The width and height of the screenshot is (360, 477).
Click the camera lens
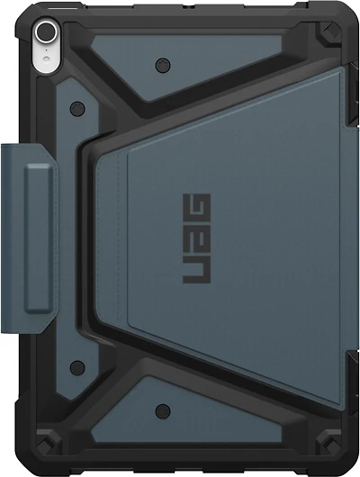41,32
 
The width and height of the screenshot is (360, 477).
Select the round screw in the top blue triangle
162,64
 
